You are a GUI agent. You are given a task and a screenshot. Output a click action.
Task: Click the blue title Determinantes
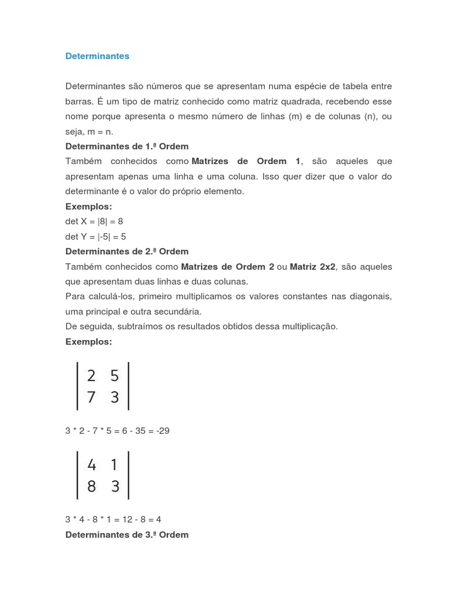(x=97, y=56)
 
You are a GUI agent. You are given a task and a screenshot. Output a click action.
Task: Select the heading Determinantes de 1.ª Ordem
(x=126, y=146)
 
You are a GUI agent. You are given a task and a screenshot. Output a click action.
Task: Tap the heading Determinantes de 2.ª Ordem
(x=126, y=251)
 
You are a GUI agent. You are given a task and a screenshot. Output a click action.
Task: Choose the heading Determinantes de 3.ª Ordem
(x=126, y=535)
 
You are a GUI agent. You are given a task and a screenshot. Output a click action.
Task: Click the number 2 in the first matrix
(x=91, y=376)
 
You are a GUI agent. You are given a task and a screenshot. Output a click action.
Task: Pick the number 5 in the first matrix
(x=115, y=376)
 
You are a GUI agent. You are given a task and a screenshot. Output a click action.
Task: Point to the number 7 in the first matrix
(x=91, y=397)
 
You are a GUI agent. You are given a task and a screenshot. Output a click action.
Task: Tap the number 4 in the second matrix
(x=91, y=465)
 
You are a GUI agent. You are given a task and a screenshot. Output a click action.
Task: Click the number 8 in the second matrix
(x=91, y=486)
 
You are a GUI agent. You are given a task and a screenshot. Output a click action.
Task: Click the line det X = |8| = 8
(x=94, y=221)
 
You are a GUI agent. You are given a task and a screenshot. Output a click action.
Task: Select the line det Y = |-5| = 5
(x=95, y=236)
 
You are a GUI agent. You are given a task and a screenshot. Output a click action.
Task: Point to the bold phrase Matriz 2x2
(x=313, y=267)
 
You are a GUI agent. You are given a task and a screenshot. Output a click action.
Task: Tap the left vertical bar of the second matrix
(x=78, y=475)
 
